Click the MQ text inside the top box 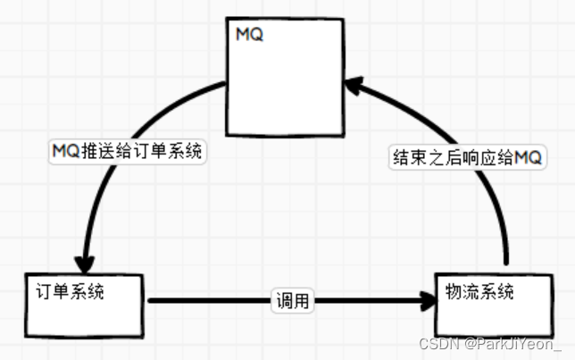[249, 35]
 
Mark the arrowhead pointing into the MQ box [353, 87]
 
